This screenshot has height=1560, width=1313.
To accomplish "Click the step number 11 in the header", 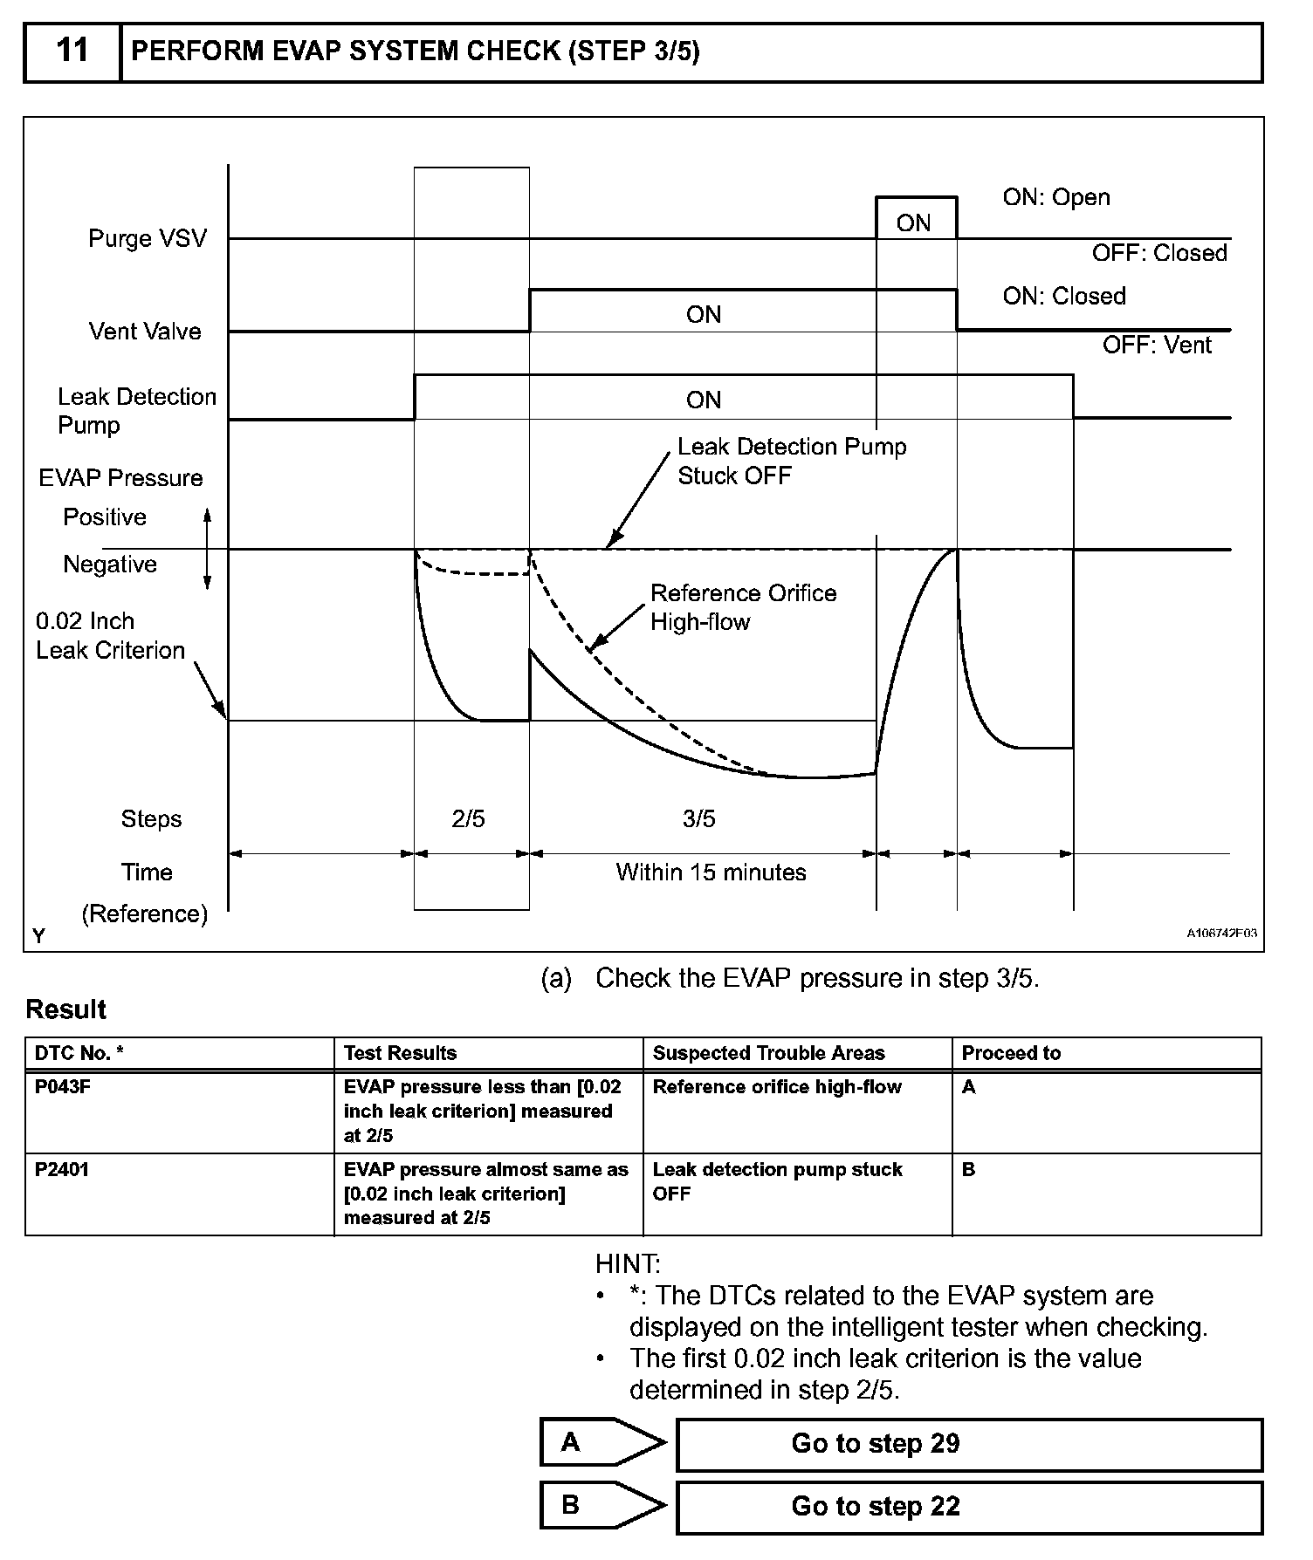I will (72, 51).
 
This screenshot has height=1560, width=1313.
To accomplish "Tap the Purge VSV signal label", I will (147, 238).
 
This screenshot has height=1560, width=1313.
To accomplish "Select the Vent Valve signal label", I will (145, 332).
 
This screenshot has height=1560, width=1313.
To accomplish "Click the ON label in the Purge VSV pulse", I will (913, 223).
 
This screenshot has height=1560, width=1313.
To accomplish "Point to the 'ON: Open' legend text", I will (1055, 197).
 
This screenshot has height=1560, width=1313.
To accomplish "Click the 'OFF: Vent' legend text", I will (1156, 346).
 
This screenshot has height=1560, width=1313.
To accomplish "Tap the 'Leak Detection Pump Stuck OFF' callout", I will (791, 462).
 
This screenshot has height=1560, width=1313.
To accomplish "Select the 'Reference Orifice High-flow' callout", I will (743, 607).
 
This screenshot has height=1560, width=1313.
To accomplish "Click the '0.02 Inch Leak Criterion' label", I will (110, 636).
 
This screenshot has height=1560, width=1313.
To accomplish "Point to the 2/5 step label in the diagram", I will (468, 818).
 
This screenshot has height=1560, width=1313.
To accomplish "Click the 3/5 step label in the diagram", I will (698, 818).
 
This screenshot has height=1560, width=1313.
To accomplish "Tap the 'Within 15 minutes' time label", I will (711, 872).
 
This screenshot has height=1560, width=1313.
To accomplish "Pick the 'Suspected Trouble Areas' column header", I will (768, 1053).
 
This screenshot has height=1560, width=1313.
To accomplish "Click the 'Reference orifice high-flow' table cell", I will (777, 1087).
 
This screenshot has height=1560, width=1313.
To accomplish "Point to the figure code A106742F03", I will (1220, 934).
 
